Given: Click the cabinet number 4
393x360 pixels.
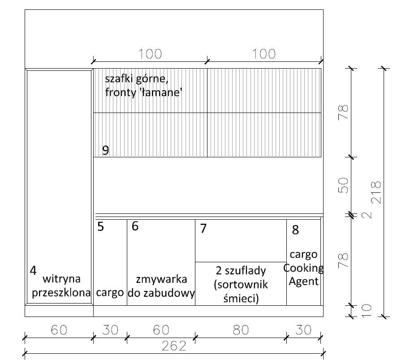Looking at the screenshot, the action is (33, 270).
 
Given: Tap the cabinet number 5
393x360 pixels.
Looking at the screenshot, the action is (100, 227).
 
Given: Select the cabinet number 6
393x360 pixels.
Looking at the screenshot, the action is (135, 226).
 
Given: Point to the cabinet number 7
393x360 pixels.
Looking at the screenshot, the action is (203, 228).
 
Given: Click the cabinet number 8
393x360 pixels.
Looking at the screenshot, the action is (295, 230).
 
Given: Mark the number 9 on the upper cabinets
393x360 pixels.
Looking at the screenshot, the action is (106, 150).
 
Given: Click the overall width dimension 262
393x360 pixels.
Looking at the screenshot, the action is (174, 346).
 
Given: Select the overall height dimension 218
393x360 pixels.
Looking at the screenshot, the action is (376, 192).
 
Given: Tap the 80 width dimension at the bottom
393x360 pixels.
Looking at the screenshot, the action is (241, 330).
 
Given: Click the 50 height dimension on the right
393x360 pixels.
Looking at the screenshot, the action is (343, 185).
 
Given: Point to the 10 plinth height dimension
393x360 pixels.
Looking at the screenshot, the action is (366, 311).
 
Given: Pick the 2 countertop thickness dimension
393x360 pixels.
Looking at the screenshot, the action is (367, 215).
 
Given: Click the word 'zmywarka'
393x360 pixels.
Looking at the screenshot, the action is (162, 279).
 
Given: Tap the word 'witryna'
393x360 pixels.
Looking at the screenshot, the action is (62, 279).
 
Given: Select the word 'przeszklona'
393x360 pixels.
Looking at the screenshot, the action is (61, 293).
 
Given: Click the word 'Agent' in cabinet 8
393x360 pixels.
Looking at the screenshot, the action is (303, 282).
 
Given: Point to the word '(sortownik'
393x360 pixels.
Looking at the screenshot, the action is (241, 285).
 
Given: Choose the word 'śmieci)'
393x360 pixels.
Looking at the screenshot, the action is (241, 299).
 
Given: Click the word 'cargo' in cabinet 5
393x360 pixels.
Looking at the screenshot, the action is (110, 293).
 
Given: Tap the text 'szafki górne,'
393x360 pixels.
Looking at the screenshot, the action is (137, 79).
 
